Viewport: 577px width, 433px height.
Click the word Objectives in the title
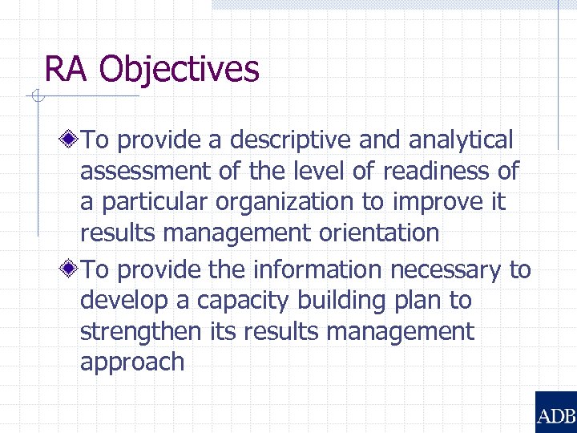click(180, 70)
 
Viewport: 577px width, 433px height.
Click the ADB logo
click(555, 412)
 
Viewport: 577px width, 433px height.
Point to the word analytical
click(460, 140)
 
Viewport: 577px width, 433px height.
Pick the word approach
click(132, 362)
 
